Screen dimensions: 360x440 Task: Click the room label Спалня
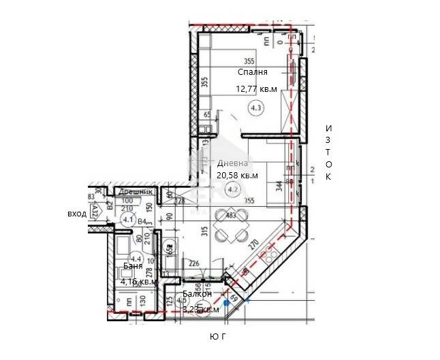(253, 71)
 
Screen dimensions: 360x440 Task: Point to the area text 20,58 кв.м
(237, 175)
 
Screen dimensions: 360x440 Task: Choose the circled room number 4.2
(233, 189)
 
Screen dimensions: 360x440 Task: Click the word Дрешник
(129, 193)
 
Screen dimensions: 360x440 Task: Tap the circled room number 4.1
(128, 219)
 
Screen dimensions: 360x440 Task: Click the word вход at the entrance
(76, 214)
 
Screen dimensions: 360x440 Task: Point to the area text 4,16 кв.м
(139, 281)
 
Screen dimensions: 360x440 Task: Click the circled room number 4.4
(136, 259)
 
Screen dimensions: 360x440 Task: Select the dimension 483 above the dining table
(231, 216)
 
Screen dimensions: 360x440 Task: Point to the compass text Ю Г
(220, 337)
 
